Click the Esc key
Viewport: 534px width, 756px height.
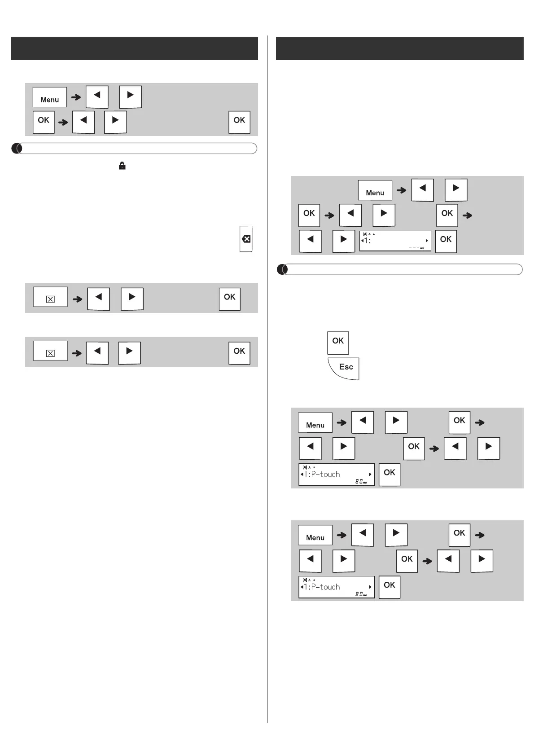(344, 368)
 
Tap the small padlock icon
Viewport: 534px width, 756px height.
(122, 166)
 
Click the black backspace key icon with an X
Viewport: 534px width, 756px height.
(246, 239)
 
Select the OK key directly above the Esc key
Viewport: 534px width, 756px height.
(338, 342)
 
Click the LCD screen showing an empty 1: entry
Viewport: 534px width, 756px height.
(395, 241)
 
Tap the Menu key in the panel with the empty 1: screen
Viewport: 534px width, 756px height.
(375, 190)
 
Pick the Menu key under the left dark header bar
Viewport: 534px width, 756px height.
(49, 97)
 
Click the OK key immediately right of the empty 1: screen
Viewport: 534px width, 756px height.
(446, 241)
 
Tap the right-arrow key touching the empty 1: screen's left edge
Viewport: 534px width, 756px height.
(344, 241)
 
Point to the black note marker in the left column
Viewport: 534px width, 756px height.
(16, 148)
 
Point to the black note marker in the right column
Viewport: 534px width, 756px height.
(282, 269)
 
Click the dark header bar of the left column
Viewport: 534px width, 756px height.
(134, 48)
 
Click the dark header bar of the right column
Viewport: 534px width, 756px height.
(399, 48)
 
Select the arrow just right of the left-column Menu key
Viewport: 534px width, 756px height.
(76, 97)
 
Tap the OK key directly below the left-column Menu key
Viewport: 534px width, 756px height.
(44, 122)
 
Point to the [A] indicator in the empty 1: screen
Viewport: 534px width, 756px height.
(365, 234)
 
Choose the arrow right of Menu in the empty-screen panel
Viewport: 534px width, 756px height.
(401, 190)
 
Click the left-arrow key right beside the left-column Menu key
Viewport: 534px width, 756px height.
(97, 97)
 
